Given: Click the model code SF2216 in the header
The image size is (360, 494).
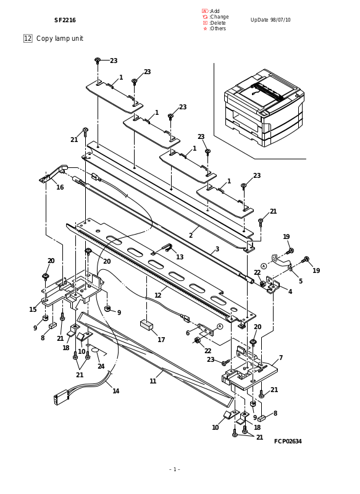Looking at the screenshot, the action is coord(65,20).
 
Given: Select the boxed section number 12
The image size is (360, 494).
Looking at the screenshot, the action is coord(28,38).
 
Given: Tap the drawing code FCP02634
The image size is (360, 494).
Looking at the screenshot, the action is coord(288,441).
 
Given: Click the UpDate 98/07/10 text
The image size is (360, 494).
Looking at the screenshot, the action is coord(270,20).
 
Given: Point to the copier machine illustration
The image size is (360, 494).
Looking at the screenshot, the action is coord(264,107).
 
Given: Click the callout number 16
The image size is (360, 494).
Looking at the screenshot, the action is coord(60,187).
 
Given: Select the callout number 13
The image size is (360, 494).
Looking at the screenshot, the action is coord(180,257).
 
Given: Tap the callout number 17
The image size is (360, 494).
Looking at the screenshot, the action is coord(161,340).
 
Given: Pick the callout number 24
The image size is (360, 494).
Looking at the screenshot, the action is coord(101,366).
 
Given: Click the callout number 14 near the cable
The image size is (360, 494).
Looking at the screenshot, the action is coord(116,391).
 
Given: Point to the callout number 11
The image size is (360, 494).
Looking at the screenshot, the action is coord(153,381).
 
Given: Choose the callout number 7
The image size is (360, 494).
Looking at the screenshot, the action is coord(280,358).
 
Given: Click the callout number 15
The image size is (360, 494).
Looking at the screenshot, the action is coord(33,309).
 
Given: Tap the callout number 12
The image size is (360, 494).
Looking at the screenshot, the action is coord(158,295).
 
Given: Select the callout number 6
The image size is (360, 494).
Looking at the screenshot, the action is coord(188,333).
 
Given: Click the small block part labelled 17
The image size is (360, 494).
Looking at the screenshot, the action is coord(146,325).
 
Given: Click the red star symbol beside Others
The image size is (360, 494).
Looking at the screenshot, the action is coord(205,28).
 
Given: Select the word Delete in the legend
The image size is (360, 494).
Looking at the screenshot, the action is coord(218,23).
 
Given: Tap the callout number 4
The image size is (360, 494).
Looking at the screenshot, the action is coord(290,291).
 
